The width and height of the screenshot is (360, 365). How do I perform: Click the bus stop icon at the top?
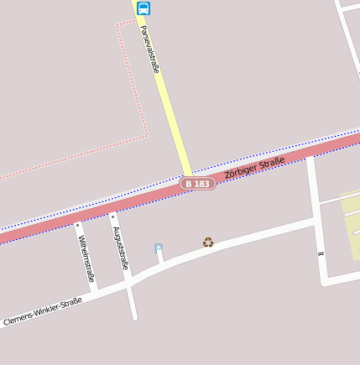(143, 8)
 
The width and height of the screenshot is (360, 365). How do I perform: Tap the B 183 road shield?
(198, 183)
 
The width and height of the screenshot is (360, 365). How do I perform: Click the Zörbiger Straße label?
(255, 165)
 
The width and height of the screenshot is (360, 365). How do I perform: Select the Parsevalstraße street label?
(149, 49)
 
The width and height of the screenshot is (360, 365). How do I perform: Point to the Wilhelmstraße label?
(86, 258)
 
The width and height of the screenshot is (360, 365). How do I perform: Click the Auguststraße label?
(120, 248)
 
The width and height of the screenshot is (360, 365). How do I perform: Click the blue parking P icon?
(159, 248)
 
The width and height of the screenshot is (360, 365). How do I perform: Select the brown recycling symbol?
(208, 242)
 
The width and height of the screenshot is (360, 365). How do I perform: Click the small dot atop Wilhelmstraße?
(76, 225)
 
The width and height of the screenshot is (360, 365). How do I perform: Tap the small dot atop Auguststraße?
(112, 215)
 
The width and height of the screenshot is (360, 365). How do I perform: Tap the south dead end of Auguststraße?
(133, 318)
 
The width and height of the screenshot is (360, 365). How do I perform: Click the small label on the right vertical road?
(320, 253)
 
